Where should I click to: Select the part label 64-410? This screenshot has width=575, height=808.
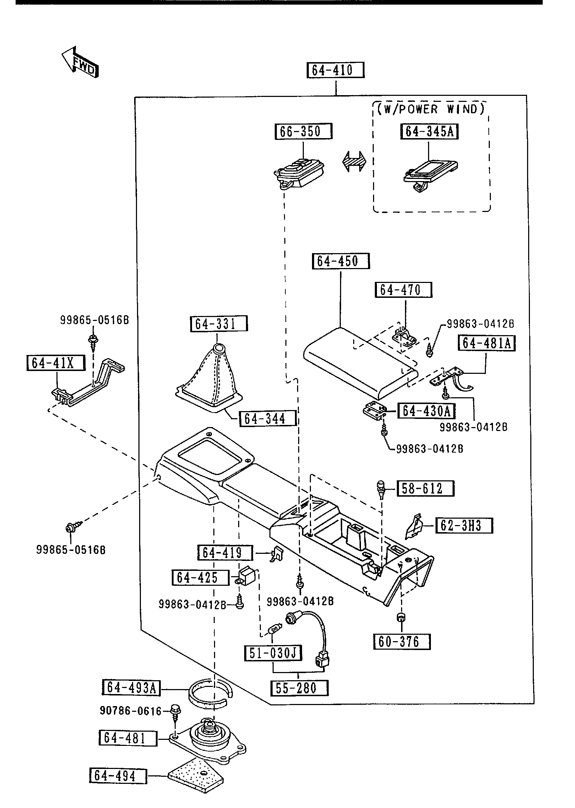click(x=335, y=70)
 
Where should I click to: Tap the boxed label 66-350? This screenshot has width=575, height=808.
click(x=303, y=131)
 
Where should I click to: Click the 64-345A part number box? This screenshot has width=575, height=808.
click(x=429, y=132)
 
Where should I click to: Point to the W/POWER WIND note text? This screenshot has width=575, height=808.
click(x=431, y=109)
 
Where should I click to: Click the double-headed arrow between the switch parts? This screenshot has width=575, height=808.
click(x=353, y=161)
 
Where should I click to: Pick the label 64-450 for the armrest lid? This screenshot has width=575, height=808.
click(x=341, y=261)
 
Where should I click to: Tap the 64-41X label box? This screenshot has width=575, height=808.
click(x=56, y=363)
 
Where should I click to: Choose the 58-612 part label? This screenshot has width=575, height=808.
click(x=425, y=488)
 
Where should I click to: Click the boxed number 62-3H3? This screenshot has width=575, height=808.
click(x=464, y=525)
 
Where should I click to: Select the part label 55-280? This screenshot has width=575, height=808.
click(x=299, y=688)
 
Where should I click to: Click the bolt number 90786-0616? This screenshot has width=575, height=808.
click(x=130, y=710)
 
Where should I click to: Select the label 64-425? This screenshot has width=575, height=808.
click(x=200, y=578)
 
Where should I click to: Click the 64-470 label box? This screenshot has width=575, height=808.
click(x=403, y=290)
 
